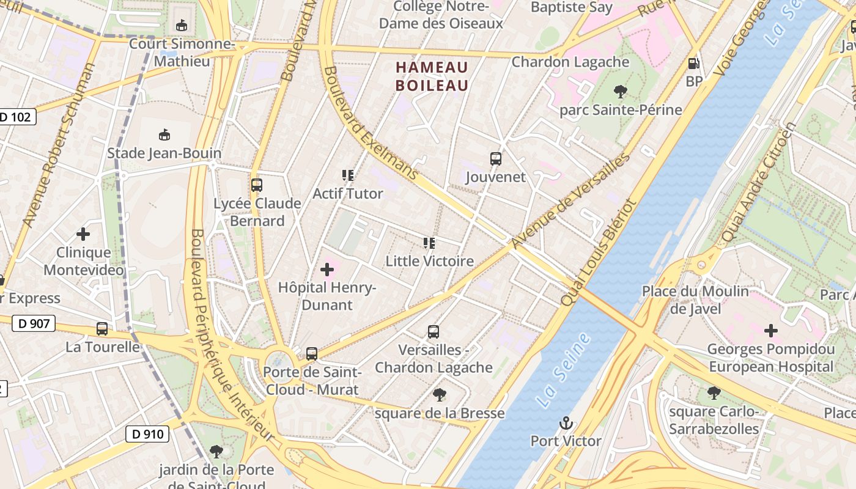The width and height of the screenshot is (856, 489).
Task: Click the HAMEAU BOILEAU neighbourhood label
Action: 432,76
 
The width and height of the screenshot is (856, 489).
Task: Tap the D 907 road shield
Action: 34,323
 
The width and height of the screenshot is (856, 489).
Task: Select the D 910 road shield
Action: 147,434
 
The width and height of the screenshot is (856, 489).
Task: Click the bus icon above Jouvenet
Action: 495,159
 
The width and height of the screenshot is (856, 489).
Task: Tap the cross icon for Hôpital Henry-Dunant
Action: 327,269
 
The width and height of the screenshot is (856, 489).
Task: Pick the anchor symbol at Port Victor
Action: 566,423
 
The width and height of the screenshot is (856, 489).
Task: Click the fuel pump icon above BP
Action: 693,63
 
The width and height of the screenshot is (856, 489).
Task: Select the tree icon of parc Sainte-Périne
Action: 621,92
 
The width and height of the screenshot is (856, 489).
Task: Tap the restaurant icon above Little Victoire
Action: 429,243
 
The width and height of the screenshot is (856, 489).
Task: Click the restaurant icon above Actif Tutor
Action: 348,176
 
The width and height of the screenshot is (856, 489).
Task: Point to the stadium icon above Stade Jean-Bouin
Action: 164,134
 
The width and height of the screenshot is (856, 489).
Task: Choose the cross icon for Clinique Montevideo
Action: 83,233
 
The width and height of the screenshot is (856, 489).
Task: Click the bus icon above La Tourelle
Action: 102,329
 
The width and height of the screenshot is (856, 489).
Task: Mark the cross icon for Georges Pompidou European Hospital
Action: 771,331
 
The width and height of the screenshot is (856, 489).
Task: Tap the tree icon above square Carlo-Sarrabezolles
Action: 714,393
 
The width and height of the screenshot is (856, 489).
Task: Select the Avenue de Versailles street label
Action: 570,201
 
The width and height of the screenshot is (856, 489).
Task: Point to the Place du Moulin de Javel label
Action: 695,300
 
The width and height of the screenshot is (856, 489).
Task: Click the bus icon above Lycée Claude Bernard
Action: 257,185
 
